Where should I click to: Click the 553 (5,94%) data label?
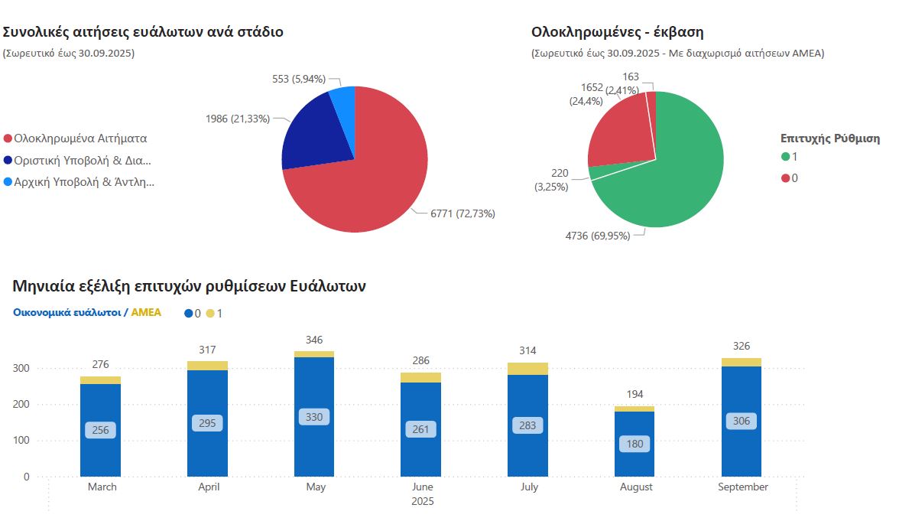299,79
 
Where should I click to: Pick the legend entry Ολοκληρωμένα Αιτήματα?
80,138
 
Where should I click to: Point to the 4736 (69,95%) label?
598,236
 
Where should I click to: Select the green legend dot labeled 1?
786,157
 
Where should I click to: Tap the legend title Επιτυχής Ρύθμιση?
829,138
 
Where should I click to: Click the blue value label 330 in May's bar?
314,417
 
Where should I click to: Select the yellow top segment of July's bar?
527,369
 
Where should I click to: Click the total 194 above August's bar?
634,393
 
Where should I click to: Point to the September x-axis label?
742,487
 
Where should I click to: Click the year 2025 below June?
422,502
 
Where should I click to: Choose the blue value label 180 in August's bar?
634,444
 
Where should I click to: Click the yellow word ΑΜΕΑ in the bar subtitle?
146,312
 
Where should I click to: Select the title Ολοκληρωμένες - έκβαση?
617,32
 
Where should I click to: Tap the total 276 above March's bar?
100,364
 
